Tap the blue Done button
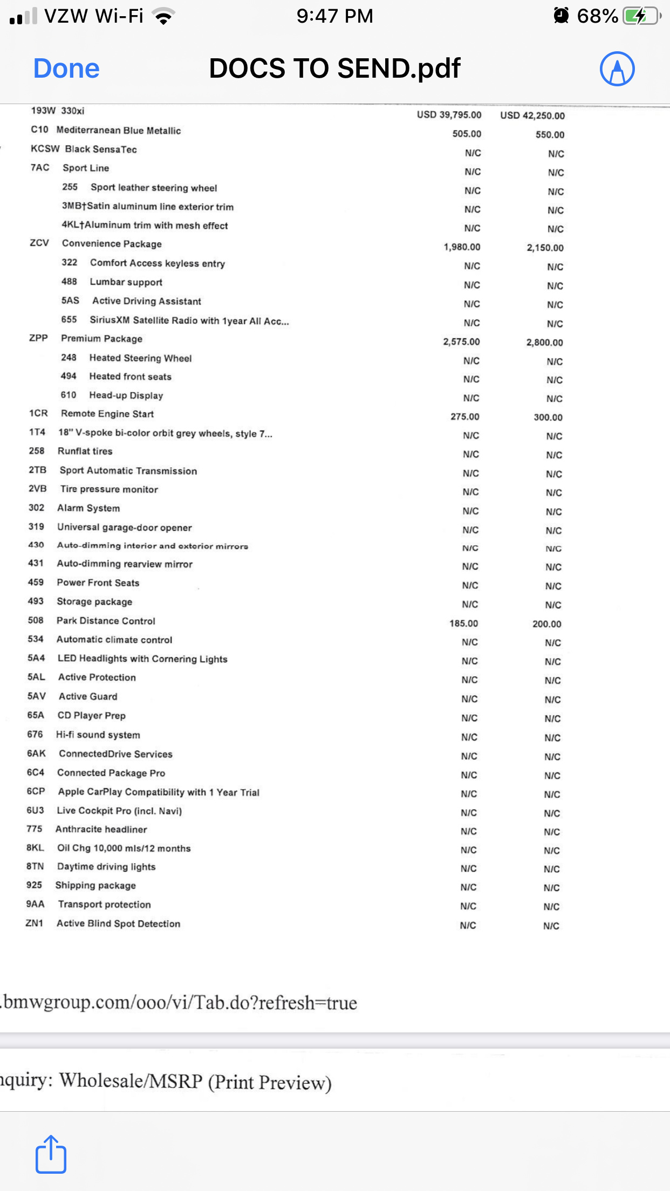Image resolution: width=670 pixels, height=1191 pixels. point(66,69)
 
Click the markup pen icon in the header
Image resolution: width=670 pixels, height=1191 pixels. point(617,69)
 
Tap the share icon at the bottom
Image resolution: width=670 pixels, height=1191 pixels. point(51,1154)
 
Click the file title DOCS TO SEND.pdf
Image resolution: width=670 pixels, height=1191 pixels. point(334,69)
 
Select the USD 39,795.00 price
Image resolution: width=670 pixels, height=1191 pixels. point(449,115)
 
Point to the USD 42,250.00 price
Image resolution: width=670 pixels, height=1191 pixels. point(532,115)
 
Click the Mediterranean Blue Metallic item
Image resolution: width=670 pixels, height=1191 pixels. point(118,131)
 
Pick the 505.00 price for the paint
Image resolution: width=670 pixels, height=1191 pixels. point(467,134)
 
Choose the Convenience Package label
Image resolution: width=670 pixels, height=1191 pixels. point(112,244)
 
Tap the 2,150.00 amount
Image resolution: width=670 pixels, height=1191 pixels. point(545,248)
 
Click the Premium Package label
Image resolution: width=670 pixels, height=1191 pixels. point(101,339)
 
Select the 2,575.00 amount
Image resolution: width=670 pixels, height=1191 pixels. point(461,342)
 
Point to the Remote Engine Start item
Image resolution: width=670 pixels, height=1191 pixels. point(107,414)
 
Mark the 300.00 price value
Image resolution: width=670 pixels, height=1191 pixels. point(548,417)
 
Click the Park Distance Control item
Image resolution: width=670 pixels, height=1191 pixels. point(106,621)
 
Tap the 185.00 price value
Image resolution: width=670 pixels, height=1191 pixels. point(463,624)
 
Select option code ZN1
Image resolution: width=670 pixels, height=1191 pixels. point(34,923)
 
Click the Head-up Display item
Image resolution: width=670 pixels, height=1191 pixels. point(126,395)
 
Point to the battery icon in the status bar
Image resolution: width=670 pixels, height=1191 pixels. point(641,16)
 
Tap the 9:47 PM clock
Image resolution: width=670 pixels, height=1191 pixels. point(334,16)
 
